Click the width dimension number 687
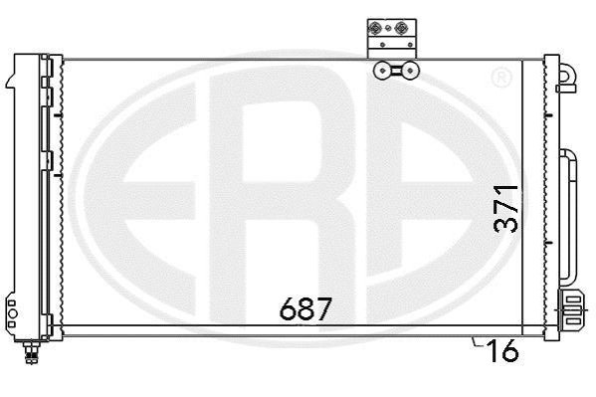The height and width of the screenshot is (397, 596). point(306,308)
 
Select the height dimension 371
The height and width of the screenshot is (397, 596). point(505,209)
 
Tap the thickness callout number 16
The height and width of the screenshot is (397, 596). point(503,350)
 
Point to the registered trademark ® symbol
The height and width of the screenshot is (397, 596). point(501,78)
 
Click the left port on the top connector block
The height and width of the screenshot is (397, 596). point(375,28)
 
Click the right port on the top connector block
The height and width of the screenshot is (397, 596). point(401,28)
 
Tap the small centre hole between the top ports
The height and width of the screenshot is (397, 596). point(388,28)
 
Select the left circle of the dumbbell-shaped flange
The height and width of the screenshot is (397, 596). point(382,71)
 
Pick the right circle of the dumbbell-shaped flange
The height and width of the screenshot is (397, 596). point(410,71)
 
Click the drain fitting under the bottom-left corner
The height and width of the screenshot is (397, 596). point(32,352)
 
